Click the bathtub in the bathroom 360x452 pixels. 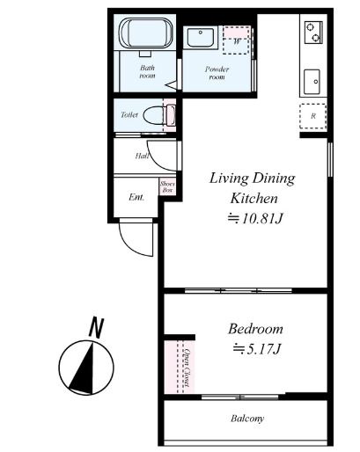(146, 33)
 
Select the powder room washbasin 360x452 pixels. (201, 37)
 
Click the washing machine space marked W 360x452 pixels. (237, 40)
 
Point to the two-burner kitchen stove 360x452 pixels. (313, 33)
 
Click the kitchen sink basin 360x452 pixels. (312, 82)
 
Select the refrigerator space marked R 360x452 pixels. (312, 116)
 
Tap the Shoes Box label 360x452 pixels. (167, 186)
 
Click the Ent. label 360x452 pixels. (136, 197)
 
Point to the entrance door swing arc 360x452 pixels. (129, 246)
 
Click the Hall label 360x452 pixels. (142, 156)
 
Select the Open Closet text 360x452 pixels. (187, 368)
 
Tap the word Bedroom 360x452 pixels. (255, 329)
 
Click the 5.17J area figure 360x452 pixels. (257, 349)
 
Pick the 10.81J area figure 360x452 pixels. (255, 218)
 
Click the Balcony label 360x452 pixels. (247, 419)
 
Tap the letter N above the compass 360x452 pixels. (97, 327)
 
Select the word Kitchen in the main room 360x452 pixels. (253, 199)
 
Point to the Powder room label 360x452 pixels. (217, 73)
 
